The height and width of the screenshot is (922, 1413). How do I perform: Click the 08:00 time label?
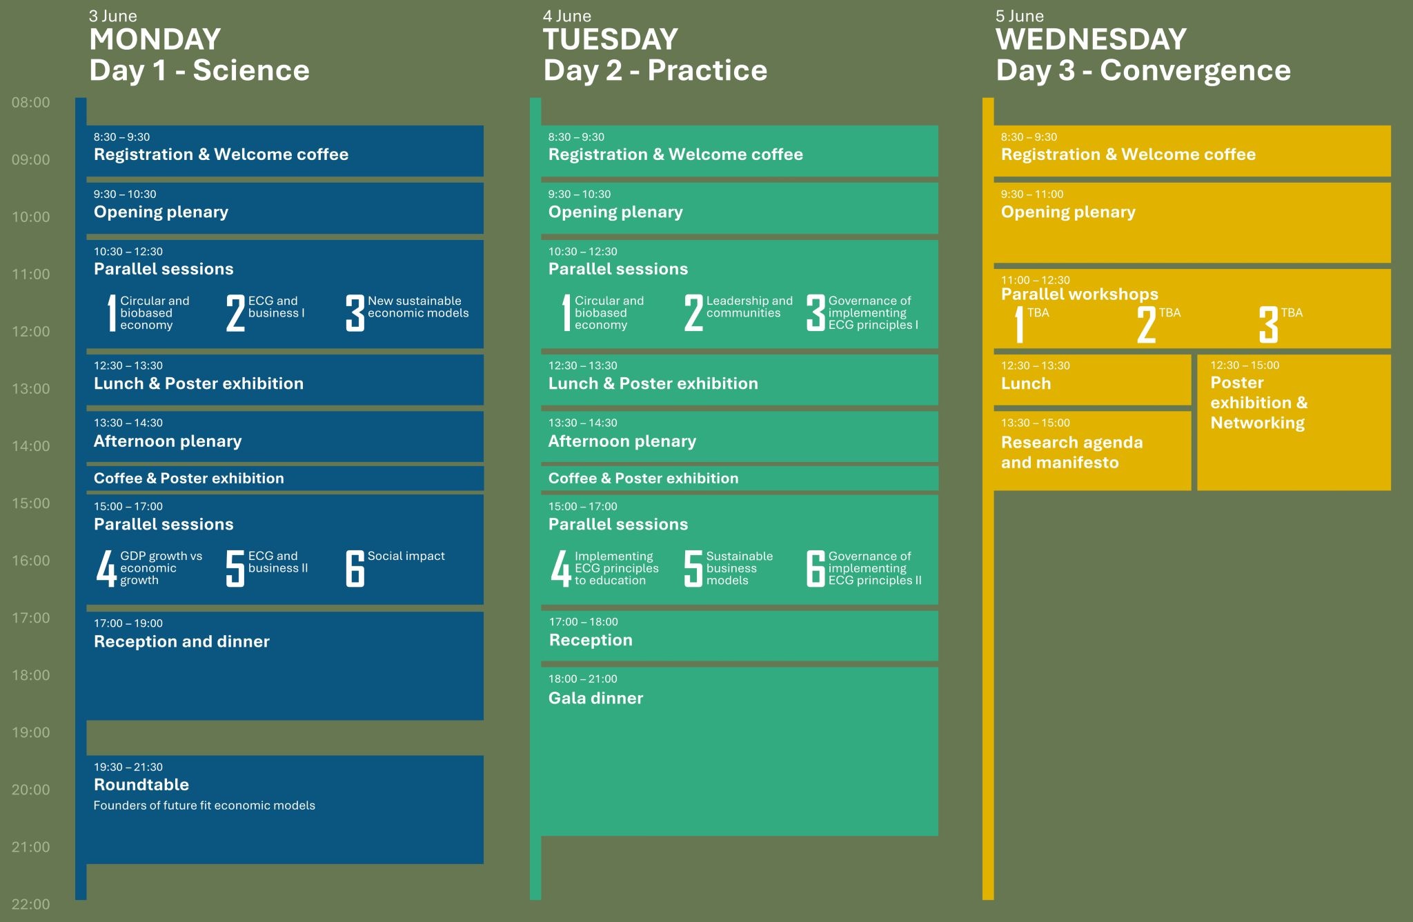tap(31, 103)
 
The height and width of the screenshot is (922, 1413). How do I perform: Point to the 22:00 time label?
tap(31, 904)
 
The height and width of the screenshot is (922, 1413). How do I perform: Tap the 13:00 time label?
tap(31, 389)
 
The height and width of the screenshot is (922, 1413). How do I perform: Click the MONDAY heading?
tap(155, 39)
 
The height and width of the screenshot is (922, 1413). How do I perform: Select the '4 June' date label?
tap(567, 16)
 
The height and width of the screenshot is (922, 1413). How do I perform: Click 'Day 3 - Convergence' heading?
tap(1143, 70)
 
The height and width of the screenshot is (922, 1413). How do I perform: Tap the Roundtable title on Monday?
tap(141, 785)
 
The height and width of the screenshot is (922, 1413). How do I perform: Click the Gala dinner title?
tap(595, 699)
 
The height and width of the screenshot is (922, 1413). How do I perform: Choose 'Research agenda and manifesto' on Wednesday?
tap(1071, 452)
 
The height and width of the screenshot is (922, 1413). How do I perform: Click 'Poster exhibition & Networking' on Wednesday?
tap(1258, 403)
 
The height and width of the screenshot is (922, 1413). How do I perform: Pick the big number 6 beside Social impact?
tap(355, 569)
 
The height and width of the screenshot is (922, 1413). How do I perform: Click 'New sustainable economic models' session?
tap(418, 307)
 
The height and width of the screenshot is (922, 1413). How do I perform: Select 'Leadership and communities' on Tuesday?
tap(749, 307)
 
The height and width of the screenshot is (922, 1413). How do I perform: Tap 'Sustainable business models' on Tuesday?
tap(740, 568)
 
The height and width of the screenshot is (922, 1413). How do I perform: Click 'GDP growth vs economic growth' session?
tap(161, 568)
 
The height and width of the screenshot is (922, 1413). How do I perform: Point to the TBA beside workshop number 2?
tap(1169, 313)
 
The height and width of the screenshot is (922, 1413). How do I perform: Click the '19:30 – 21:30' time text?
tap(128, 768)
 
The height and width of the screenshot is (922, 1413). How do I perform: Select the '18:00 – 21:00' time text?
tap(583, 679)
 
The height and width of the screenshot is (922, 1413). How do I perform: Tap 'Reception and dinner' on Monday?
tap(181, 642)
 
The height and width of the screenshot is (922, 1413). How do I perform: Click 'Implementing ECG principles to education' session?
tap(617, 568)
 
